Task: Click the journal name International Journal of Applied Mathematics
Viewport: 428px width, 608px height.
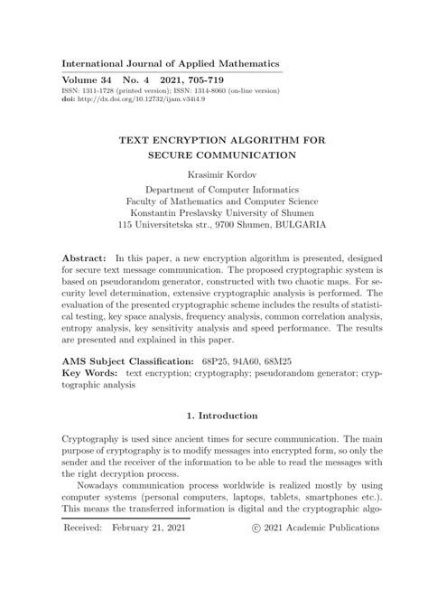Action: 170,63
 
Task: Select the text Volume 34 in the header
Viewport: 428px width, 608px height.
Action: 88,81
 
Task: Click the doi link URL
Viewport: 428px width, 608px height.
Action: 133,99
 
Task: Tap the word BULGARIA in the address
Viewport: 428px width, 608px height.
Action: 302,223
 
